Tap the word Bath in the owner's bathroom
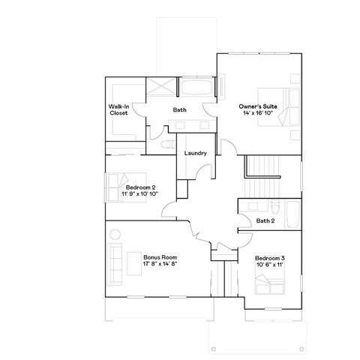(x=180, y=110)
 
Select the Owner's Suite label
(x=258, y=106)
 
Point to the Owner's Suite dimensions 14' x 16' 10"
(x=258, y=114)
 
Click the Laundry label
(x=196, y=154)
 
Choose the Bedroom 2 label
(x=141, y=187)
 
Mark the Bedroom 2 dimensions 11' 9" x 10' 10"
(x=141, y=193)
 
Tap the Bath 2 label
(x=264, y=220)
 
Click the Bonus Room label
(x=160, y=256)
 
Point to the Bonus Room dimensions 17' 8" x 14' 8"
(x=160, y=264)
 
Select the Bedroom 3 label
(x=268, y=257)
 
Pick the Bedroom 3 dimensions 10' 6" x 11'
(x=268, y=265)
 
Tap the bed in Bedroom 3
(x=272, y=286)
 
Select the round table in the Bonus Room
(x=114, y=236)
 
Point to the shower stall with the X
(x=160, y=86)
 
